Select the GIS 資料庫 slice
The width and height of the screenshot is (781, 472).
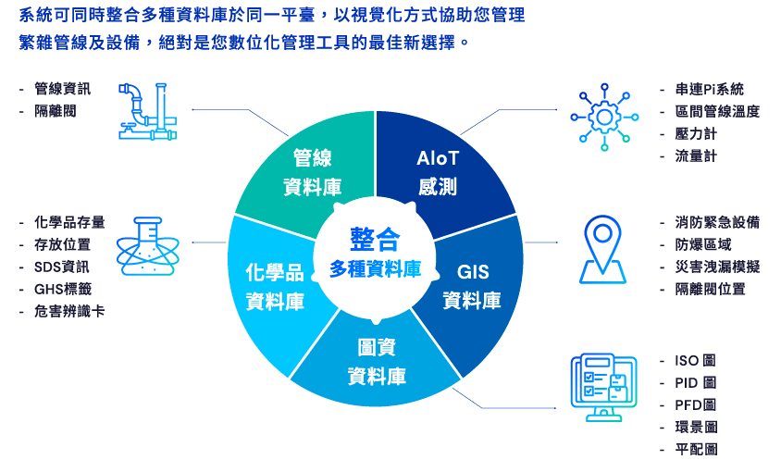click(x=472, y=286)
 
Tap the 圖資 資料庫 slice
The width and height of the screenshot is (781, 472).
click(x=376, y=361)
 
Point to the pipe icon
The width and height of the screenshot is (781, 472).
click(x=147, y=111)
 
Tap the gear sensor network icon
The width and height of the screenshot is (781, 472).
click(x=604, y=117)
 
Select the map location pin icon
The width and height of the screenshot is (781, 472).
click(x=602, y=248)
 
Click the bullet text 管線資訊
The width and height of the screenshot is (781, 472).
click(x=63, y=89)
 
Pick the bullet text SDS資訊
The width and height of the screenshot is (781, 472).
click(x=62, y=267)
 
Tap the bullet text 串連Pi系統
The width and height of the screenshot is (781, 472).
click(x=709, y=89)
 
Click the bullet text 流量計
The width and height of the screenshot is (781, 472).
click(x=696, y=155)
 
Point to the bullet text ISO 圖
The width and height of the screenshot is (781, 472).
click(x=695, y=360)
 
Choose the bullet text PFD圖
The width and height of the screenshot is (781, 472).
click(x=695, y=404)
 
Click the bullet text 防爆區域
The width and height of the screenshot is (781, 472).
click(x=702, y=244)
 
